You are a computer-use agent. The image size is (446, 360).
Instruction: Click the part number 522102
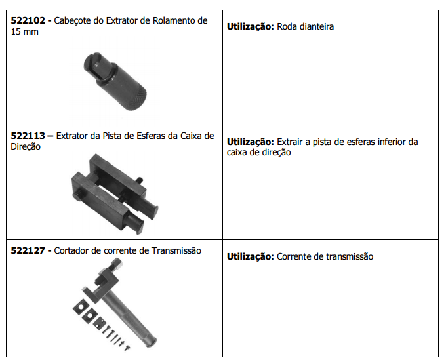click(x=28, y=20)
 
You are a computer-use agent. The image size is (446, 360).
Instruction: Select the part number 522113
click(x=28, y=136)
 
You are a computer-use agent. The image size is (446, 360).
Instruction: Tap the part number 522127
click(x=28, y=250)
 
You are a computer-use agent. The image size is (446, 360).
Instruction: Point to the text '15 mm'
click(x=24, y=31)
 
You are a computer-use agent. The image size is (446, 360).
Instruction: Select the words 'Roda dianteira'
click(x=305, y=26)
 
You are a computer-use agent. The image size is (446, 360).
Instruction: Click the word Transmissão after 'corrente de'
click(x=176, y=250)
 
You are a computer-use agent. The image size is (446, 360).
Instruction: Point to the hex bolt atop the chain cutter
click(x=115, y=264)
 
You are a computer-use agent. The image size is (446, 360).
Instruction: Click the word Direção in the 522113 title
click(x=26, y=147)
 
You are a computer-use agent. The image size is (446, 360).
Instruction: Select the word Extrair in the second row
click(x=289, y=142)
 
